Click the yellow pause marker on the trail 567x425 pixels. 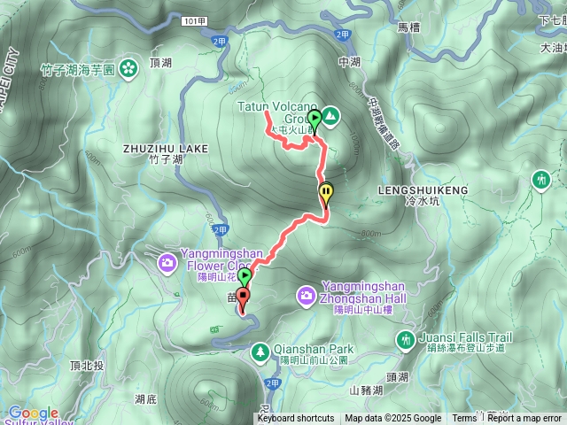[x=326, y=190]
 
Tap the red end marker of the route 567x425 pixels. [x=242, y=297]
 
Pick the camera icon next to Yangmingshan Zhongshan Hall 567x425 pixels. [x=306, y=294]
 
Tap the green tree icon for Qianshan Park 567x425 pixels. [x=260, y=352]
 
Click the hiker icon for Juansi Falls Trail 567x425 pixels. [x=406, y=339]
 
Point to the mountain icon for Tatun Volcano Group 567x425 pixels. [x=330, y=114]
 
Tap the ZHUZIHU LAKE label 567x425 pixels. [x=167, y=148]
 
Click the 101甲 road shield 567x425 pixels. [x=197, y=19]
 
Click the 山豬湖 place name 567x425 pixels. [x=367, y=390]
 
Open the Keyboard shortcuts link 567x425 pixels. [x=296, y=419]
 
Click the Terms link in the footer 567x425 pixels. [x=464, y=419]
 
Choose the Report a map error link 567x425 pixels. [x=524, y=419]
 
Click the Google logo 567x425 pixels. [x=33, y=413]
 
